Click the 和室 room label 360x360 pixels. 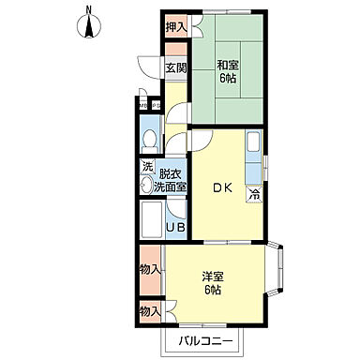click(x=229, y=65)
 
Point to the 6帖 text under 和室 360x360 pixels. click(x=229, y=79)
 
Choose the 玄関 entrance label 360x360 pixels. click(x=175, y=67)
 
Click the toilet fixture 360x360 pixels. click(x=149, y=142)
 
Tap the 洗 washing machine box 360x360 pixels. click(x=146, y=167)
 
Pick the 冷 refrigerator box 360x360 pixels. click(x=253, y=194)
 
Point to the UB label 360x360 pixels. click(x=175, y=226)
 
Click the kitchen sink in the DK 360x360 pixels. click(x=254, y=146)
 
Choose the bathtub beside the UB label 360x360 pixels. click(x=150, y=222)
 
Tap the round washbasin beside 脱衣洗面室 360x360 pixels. click(x=147, y=185)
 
